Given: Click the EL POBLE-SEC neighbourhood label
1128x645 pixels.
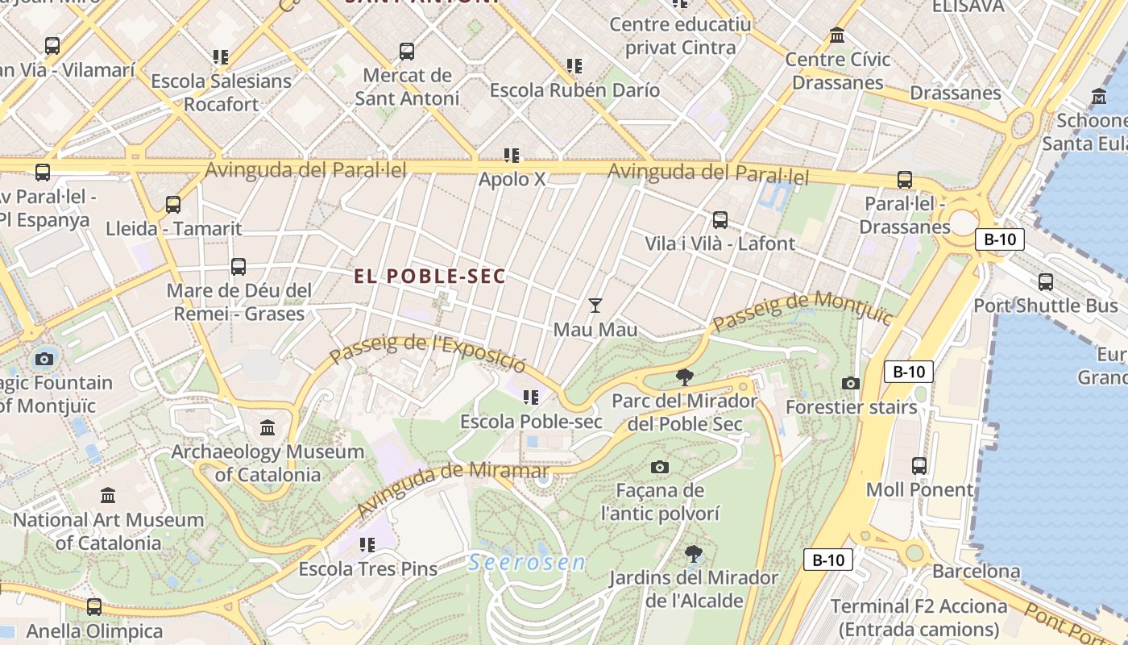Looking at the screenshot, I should point(429,277).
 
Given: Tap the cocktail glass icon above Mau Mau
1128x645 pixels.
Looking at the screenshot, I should point(595,305).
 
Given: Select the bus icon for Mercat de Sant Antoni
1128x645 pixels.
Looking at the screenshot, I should point(407,52).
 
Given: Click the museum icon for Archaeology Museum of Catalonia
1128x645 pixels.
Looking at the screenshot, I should point(267,427).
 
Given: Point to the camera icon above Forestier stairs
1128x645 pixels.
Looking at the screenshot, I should point(850,383).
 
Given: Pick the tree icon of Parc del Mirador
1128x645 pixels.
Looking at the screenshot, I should point(685,377).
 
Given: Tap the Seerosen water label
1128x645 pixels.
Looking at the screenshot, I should point(527,563).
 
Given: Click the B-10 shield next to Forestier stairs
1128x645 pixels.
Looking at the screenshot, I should point(909,372).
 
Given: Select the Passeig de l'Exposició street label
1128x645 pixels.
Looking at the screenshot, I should point(428,352).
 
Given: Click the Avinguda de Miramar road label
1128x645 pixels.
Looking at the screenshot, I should point(453,489).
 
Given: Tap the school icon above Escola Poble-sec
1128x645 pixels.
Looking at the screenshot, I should point(530,397).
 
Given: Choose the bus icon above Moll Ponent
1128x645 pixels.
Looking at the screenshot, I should point(919,465).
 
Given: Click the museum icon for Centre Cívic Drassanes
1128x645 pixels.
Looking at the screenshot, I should point(837,35).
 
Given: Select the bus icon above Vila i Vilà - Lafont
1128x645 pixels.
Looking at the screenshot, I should point(720,219).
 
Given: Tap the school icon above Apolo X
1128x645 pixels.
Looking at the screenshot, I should point(511,155).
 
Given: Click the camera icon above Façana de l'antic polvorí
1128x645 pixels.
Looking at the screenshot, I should point(659,467).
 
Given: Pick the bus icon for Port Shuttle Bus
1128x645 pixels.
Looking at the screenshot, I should point(1045,281).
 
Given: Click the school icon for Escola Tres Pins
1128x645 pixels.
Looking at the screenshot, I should point(367,545).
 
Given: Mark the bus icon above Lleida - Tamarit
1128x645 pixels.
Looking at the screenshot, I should point(173,204).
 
